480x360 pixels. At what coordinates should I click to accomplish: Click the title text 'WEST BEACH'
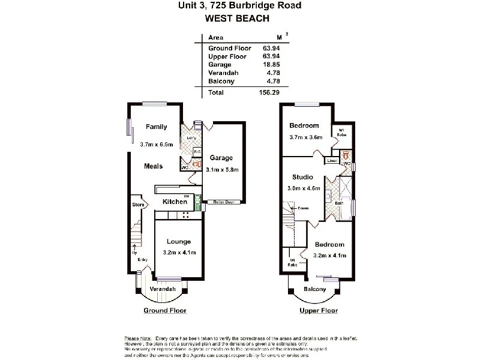pos(239,17)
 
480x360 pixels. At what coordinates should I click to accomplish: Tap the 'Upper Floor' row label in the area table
pos(227,56)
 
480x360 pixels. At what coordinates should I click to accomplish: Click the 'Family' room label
pos(156,127)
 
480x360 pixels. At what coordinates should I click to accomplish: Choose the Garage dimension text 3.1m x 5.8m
pos(222,170)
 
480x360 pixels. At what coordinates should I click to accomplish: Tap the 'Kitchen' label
pos(174,202)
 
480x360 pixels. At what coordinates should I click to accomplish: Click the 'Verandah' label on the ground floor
pos(163,289)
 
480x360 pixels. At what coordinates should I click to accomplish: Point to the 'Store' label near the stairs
pos(137,205)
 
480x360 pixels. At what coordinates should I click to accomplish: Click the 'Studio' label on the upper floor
pos(302,177)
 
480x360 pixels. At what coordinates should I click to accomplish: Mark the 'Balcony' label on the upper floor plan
pos(314,289)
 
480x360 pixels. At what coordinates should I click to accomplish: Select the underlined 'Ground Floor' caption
pos(165,311)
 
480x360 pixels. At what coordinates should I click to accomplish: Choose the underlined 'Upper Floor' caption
pos(319,311)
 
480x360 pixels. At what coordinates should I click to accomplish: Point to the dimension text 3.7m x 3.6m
pos(306,137)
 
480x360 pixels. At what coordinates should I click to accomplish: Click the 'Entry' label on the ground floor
pos(142,259)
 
